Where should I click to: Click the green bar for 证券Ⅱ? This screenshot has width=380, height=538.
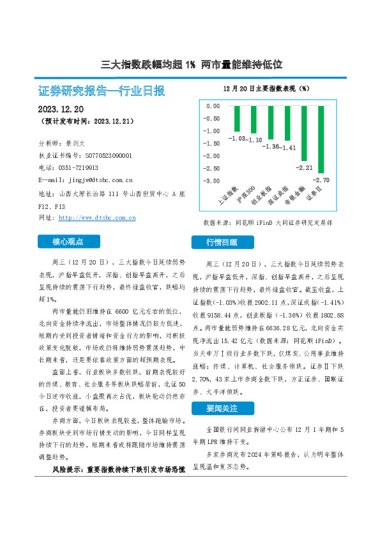pos(321,139)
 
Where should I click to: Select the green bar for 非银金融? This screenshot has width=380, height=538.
pos(304,133)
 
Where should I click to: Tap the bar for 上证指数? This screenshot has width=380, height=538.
pos(237,118)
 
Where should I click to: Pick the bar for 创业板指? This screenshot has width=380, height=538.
pos(270,123)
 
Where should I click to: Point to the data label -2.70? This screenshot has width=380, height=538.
pos(323,180)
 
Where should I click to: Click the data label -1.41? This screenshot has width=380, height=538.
pos(289,148)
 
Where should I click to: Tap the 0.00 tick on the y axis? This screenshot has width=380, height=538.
pos(212,106)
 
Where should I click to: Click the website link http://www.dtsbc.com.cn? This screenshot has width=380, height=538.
pos(97,218)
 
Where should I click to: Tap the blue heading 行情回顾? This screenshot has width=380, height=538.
pos(222,242)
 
